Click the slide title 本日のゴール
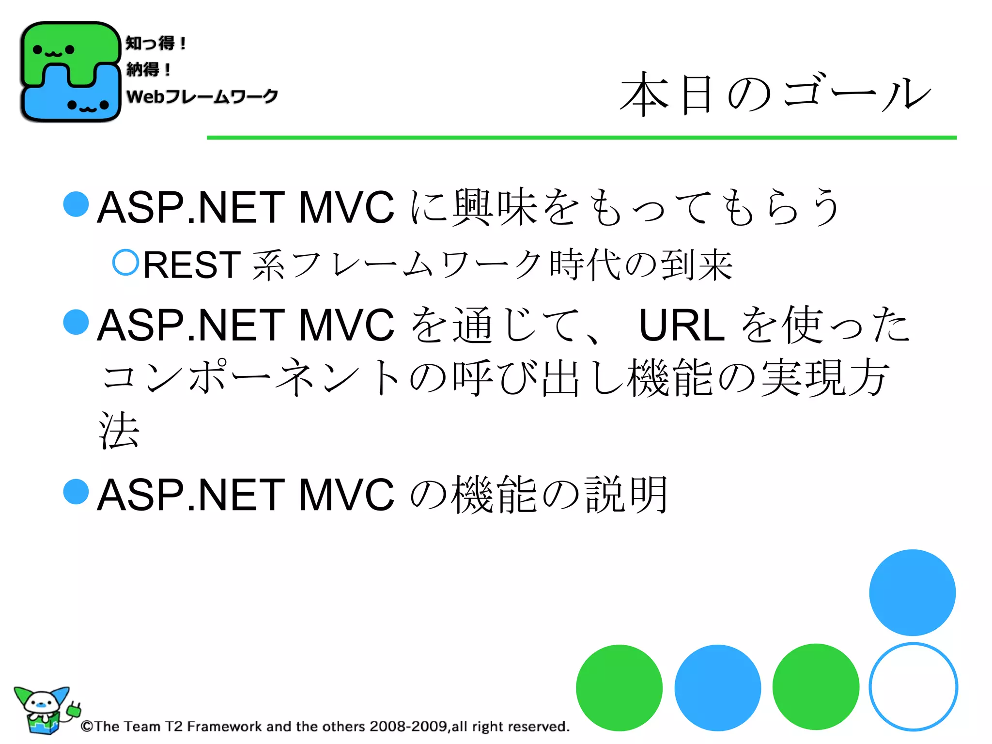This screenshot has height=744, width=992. (775, 94)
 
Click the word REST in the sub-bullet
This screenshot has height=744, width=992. (192, 265)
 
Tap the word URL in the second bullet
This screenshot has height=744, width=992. (682, 325)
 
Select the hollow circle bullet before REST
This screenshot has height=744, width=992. (126, 263)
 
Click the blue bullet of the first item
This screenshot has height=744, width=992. (76, 204)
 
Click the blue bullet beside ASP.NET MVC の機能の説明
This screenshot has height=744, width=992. (76, 492)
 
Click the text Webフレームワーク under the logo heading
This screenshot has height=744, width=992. (202, 96)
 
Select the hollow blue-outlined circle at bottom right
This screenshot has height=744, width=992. (913, 686)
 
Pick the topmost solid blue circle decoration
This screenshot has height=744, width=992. (912, 592)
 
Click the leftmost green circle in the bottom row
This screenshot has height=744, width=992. (619, 687)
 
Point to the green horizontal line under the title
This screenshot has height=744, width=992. (581, 138)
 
